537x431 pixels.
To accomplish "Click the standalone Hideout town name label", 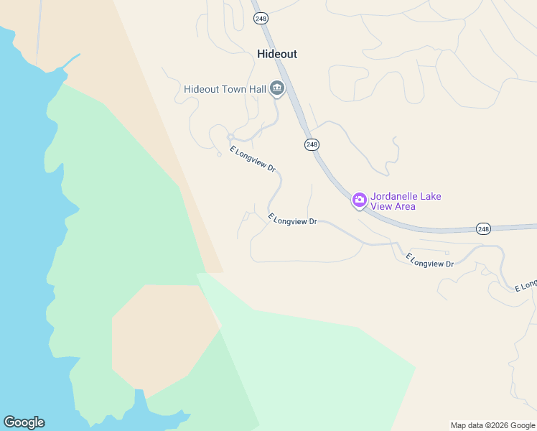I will tap(276, 54).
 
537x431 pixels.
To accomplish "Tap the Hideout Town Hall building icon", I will tap(276, 89).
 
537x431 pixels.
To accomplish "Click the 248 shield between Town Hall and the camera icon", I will tap(312, 144).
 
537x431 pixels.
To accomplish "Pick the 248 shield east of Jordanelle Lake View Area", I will tap(483, 228).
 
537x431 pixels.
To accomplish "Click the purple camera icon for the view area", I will tap(359, 200).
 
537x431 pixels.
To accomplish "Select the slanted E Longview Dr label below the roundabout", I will tap(253, 159).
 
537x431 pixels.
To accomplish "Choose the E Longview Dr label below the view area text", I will tap(429, 260).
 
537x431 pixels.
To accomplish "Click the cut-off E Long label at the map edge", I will tap(526, 284).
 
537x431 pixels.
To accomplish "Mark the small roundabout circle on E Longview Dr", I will tap(230, 137).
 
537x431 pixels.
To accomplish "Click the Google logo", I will tap(24, 422).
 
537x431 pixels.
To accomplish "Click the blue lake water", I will tap(22, 215).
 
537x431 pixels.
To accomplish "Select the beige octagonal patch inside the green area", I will tap(162, 334).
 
